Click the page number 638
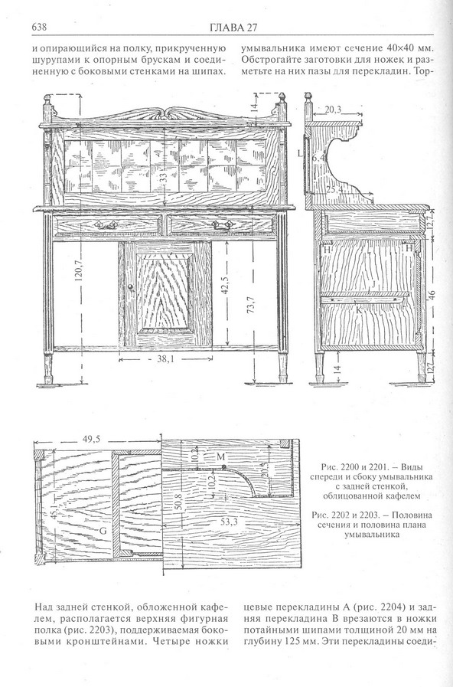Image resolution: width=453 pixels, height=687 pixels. (39, 27)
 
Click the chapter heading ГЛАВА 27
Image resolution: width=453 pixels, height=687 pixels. (233, 28)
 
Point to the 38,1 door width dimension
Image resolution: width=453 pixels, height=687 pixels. (166, 359)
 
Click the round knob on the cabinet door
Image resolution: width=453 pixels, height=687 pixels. (130, 286)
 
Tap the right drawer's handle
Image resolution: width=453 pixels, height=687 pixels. (223, 225)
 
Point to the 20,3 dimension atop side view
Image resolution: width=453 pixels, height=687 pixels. (333, 110)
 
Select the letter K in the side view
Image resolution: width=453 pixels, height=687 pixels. (358, 309)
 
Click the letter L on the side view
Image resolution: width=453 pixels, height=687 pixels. (300, 154)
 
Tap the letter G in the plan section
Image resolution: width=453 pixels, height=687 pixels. (103, 531)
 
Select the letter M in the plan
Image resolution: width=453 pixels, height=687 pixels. (220, 457)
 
